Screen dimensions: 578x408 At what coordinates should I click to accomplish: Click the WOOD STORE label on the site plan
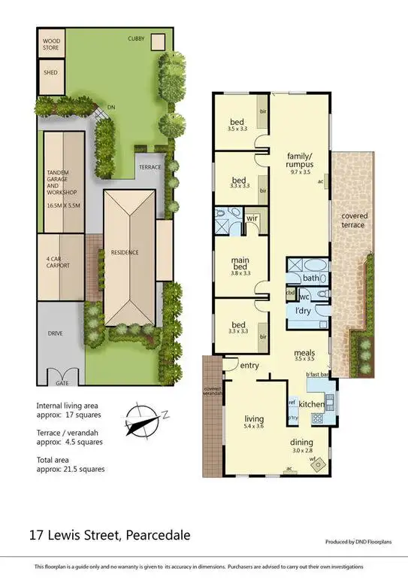pos(51,44)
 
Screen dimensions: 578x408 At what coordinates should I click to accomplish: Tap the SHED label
pos(50,74)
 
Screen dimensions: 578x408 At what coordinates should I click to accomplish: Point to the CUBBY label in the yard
pos(136,38)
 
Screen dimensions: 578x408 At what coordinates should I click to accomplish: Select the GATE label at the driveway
pos(61,372)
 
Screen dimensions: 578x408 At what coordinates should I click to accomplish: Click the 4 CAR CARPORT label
pos(58,263)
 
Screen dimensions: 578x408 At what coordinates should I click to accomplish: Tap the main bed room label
pos(240,263)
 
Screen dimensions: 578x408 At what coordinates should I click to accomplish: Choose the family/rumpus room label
pos(298,161)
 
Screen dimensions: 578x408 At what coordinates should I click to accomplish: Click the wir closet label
pos(252,218)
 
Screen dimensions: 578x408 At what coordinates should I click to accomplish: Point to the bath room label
pos(312,278)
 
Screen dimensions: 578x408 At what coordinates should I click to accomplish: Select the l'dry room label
pos(303,310)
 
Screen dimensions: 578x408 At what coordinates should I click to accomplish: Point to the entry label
pos(249,366)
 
